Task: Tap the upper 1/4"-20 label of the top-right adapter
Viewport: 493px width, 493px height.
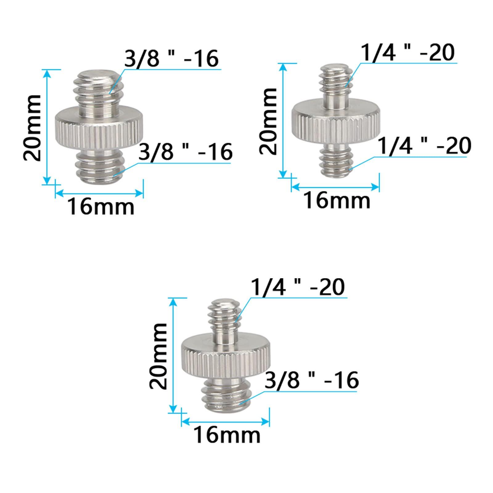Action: click(x=407, y=52)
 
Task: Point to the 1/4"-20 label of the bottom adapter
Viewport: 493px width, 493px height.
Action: click(x=298, y=287)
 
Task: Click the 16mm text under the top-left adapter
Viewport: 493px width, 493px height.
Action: click(x=101, y=206)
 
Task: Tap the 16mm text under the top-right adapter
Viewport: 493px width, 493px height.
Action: click(x=336, y=200)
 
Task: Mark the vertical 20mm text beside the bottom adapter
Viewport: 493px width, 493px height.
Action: click(x=158, y=356)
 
